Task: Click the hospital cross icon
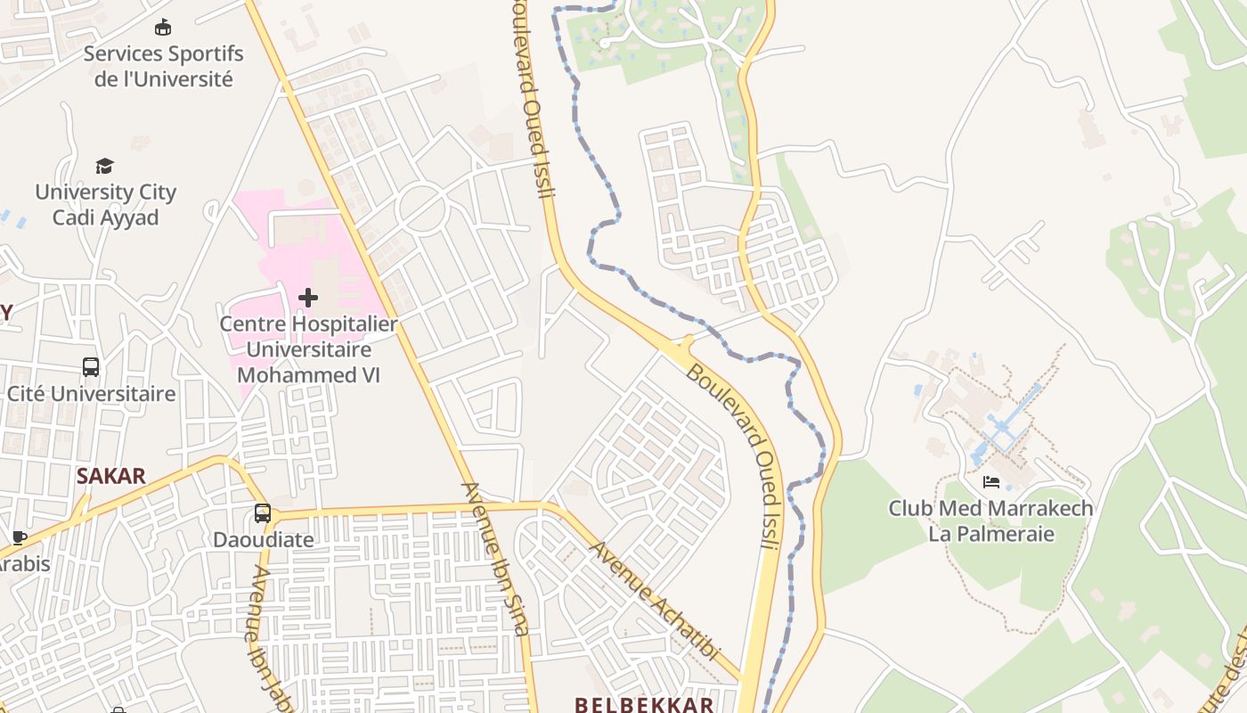coord(308,297)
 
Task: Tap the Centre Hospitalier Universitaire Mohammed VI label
coord(308,349)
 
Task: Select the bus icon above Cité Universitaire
coord(91,367)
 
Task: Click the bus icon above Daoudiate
coord(262,513)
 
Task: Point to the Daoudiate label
coord(263,540)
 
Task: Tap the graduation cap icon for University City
coord(105,166)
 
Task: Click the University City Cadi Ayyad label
coord(105,205)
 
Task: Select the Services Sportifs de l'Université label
coord(163,66)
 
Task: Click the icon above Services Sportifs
coord(162,28)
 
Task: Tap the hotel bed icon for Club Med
coord(990,482)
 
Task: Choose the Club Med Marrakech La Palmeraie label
coord(990,521)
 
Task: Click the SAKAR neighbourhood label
coord(110,476)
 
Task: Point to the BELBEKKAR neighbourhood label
coord(644,704)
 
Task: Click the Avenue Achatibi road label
coord(655,601)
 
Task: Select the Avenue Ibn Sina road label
coord(495,559)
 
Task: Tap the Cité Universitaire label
coord(91,394)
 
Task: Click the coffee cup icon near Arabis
coord(19,537)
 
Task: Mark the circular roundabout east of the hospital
coord(421,210)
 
